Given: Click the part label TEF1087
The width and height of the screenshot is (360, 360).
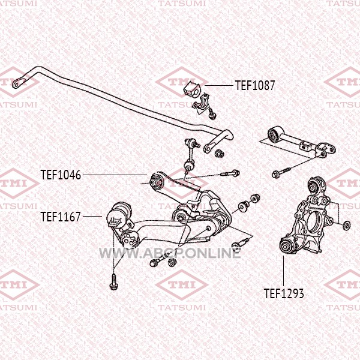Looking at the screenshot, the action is [x=255, y=85].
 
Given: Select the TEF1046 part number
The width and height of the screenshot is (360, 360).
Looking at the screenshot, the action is [x=61, y=175].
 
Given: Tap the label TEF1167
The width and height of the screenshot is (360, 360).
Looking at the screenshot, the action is [x=61, y=217].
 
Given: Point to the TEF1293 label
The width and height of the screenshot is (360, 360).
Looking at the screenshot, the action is [x=284, y=293].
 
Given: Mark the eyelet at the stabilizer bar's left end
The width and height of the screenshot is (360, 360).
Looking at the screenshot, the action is [x=17, y=84].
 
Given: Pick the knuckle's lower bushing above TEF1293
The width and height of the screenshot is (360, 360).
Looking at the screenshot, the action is [x=286, y=246].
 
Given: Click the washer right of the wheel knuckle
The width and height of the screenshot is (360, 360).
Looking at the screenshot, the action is [x=346, y=225].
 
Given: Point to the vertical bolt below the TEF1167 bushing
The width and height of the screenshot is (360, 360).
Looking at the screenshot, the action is [x=113, y=281].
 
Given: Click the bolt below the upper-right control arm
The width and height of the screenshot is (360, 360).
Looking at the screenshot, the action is [x=281, y=173].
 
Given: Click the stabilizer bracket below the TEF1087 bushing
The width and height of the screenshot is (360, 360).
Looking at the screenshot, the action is [x=203, y=104].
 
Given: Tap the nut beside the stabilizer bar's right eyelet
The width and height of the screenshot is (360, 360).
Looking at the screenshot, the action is [x=218, y=154].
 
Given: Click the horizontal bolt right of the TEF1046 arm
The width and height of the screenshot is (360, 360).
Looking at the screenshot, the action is [x=230, y=173].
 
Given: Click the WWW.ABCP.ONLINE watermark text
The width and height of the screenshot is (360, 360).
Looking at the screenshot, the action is [x=170, y=253].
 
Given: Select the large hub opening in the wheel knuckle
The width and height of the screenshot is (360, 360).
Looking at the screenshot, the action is [x=316, y=221].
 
